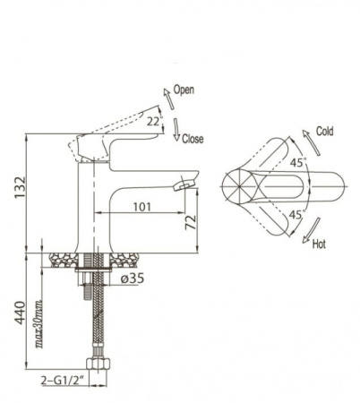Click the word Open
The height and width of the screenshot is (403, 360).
[184, 90]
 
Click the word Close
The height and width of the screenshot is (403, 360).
[193, 139]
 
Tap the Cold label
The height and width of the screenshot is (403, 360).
[325, 131]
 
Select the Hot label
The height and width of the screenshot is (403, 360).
[319, 244]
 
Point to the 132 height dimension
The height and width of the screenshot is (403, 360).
[21, 187]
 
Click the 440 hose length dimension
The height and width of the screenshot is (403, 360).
[21, 313]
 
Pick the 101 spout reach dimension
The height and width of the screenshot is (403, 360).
[142, 207]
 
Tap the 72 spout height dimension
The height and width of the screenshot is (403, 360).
[191, 222]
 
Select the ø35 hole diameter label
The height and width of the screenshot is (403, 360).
[133, 279]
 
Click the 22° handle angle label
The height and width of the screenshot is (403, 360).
[155, 122]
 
